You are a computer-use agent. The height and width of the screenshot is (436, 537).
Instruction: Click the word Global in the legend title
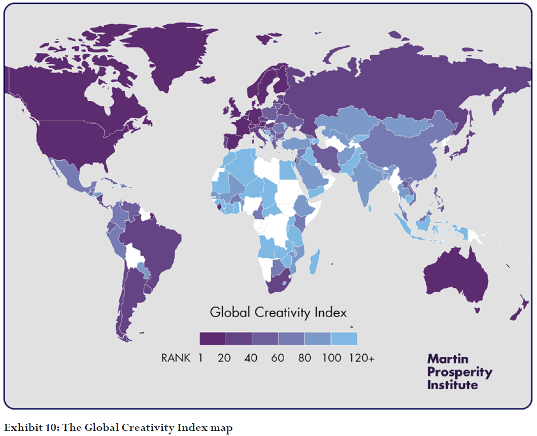tap(229, 312)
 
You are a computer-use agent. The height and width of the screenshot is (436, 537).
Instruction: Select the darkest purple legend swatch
tap(212, 339)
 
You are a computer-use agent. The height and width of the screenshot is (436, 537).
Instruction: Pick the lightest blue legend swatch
tap(344, 339)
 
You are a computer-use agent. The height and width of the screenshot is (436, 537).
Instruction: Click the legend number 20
tap(224, 358)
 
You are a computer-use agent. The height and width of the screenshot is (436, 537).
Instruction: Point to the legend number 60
tap(278, 358)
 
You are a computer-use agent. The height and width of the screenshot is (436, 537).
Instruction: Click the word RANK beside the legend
tap(176, 358)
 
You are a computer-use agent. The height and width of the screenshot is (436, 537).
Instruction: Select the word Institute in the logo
tap(452, 385)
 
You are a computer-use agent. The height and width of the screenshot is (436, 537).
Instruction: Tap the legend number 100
tap(331, 358)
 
